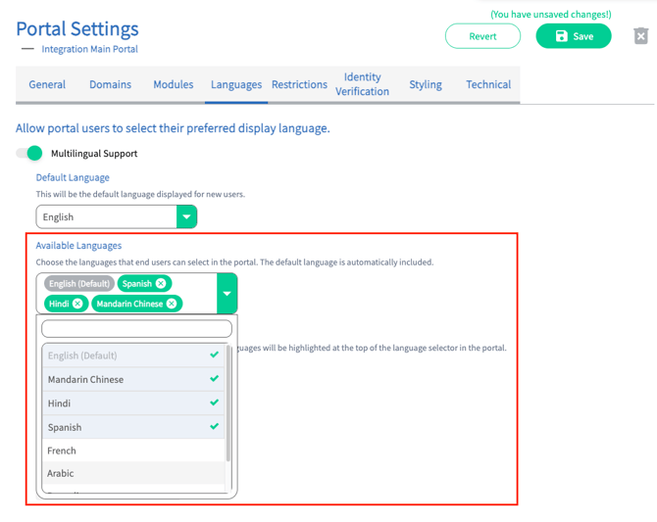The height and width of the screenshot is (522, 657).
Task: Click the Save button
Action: click(x=574, y=36)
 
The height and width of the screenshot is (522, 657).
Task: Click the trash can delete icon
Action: click(x=640, y=36)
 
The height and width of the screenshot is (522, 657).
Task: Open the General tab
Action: click(x=47, y=84)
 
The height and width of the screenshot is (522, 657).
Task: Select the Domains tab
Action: click(x=110, y=84)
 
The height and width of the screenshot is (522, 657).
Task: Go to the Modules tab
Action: click(x=173, y=84)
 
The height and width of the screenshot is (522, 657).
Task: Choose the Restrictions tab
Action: click(x=299, y=84)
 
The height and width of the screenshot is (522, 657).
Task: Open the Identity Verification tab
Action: click(x=362, y=84)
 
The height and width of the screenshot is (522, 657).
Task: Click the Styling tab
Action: click(x=426, y=84)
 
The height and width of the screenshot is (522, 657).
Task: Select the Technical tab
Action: click(x=488, y=84)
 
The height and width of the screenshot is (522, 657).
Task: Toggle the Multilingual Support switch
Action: click(x=29, y=153)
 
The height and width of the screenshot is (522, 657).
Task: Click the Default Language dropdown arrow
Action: click(x=186, y=216)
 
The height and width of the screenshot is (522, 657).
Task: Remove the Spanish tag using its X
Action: click(x=161, y=283)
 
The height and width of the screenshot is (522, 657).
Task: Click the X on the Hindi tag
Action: click(x=77, y=304)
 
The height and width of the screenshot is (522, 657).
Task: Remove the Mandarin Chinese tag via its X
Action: click(x=172, y=304)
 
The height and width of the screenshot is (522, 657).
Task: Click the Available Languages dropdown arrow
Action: click(x=227, y=294)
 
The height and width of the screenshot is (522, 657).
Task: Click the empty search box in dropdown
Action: click(x=136, y=329)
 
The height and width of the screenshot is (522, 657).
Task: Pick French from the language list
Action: click(x=62, y=451)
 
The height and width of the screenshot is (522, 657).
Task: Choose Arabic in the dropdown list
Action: click(x=61, y=473)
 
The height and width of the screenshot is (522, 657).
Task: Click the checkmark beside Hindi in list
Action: click(x=214, y=403)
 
